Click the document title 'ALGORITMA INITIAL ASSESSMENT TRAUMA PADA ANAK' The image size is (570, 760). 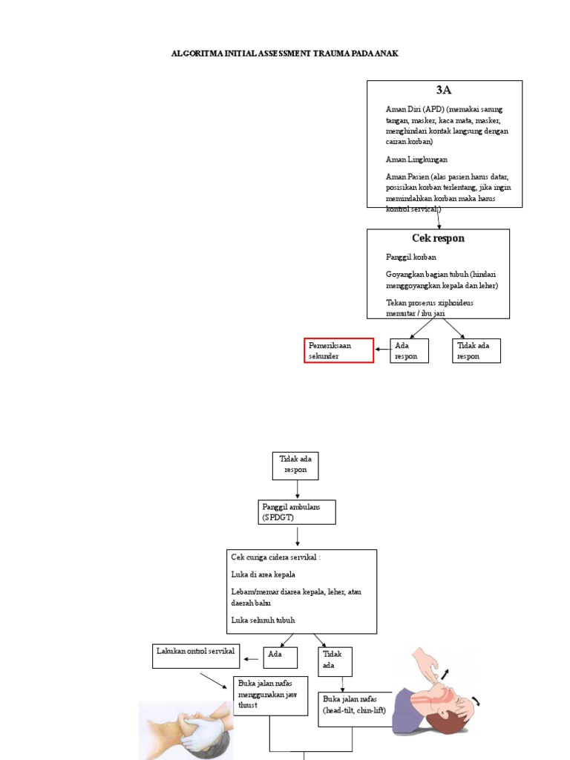click(285, 54)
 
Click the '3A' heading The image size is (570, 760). click(444, 90)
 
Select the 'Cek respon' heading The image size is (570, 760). click(438, 238)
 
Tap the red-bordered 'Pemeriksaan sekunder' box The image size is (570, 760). click(338, 350)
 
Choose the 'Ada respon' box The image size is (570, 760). click(410, 350)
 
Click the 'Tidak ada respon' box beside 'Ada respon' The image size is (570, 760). click(476, 350)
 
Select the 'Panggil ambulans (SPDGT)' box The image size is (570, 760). click(296, 511)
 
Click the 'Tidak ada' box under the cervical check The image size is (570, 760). click(335, 661)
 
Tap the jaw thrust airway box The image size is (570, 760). click(270, 695)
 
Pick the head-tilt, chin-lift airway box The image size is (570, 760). click(356, 709)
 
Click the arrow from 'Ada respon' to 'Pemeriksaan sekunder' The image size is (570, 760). click(382, 349)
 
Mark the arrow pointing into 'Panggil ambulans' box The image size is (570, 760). click(298, 491)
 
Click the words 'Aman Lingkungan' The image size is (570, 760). click(416, 159)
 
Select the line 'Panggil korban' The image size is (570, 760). click(410, 257)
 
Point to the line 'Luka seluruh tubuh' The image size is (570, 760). click(267, 620)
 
